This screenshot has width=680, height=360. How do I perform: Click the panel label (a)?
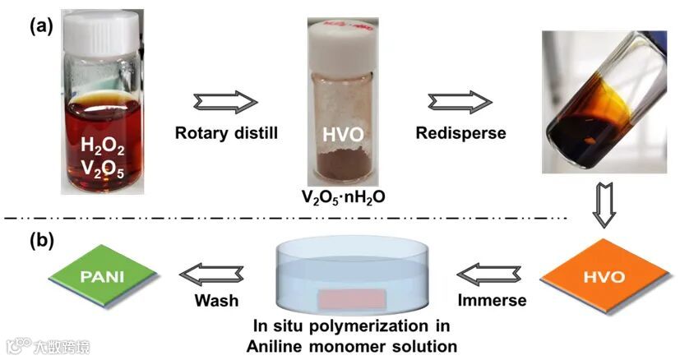[42, 25]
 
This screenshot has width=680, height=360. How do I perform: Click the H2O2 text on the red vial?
[104, 145]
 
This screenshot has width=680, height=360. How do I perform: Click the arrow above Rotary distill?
[224, 103]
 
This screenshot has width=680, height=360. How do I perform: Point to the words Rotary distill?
[224, 132]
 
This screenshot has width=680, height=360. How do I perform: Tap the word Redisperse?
[459, 132]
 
